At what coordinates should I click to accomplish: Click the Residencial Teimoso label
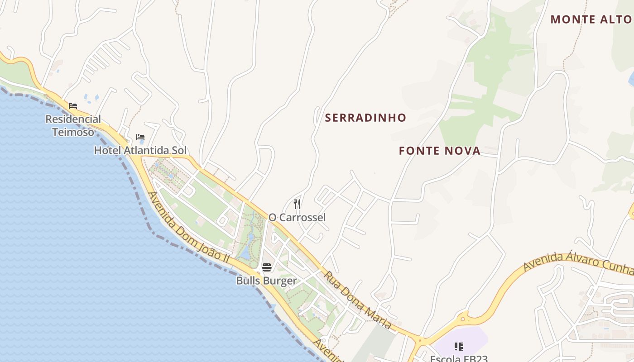pos(73,125)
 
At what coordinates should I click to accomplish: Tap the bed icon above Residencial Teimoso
pos(73,106)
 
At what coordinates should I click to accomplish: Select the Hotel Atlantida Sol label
pos(140,150)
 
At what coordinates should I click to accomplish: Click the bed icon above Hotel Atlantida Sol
pos(140,137)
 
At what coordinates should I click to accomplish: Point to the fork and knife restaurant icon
pos(297,204)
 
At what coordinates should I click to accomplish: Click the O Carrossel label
pos(297,218)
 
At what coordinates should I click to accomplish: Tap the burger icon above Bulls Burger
pos(266,267)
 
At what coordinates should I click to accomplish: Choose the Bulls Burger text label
pos(266,281)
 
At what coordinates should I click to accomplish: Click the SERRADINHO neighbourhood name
pos(365,118)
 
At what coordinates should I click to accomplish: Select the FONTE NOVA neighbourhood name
pos(439,151)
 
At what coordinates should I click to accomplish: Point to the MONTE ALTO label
pos(591,19)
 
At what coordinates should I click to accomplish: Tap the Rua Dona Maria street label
pos(358,300)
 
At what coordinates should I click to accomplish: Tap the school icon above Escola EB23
pos(458,347)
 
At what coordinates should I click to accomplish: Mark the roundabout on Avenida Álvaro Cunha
pos(463,319)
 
